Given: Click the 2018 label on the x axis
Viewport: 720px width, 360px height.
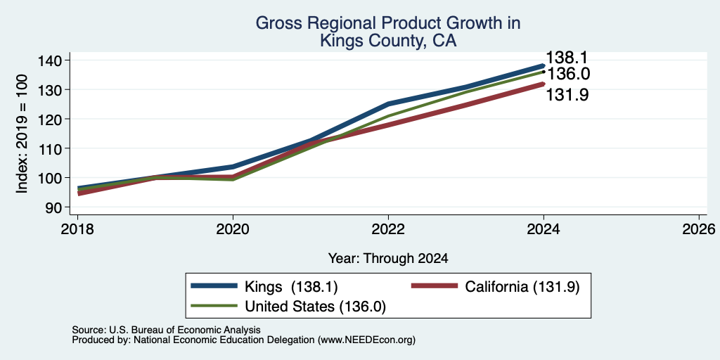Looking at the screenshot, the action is pos(77,229).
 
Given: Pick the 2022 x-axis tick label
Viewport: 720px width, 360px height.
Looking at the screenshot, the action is pos(388,229).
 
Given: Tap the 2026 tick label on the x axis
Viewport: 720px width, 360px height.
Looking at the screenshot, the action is pos(699,229).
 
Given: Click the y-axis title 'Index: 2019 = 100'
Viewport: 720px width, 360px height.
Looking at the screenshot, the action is pos(22,134).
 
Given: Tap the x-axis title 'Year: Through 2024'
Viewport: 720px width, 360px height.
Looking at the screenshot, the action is pos(388,259).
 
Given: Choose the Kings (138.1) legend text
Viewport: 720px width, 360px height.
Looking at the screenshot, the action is pos(292,287).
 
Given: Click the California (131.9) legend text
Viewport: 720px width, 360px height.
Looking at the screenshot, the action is pos(522,287).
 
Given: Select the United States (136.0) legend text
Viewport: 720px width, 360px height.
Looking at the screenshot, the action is pos(315,307).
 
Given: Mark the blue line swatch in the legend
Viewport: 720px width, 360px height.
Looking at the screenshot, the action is pos(214,286).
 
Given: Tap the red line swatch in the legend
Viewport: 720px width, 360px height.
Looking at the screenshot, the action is pos(435,286).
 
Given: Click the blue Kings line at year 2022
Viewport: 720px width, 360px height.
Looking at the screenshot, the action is pos(388,104).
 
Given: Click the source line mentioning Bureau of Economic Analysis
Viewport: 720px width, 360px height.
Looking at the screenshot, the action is pos(167,330).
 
